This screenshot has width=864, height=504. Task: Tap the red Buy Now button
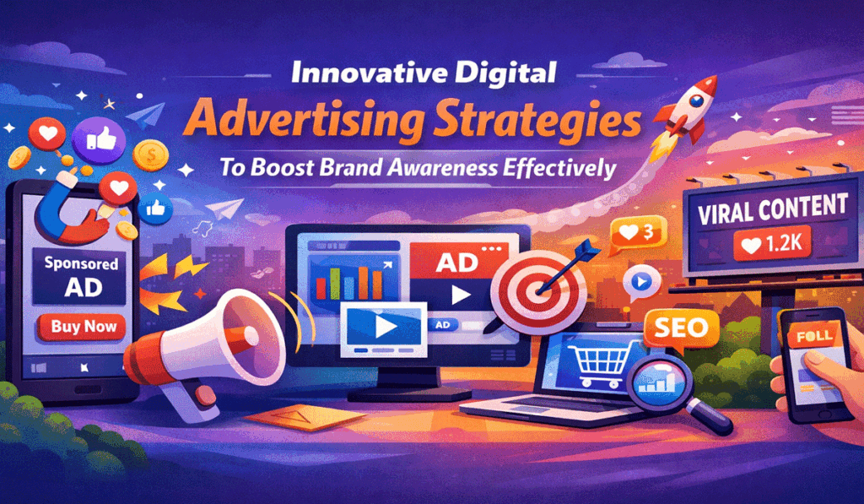pyautogui.click(x=84, y=327)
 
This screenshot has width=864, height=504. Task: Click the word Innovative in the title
pyautogui.click(x=364, y=74)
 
